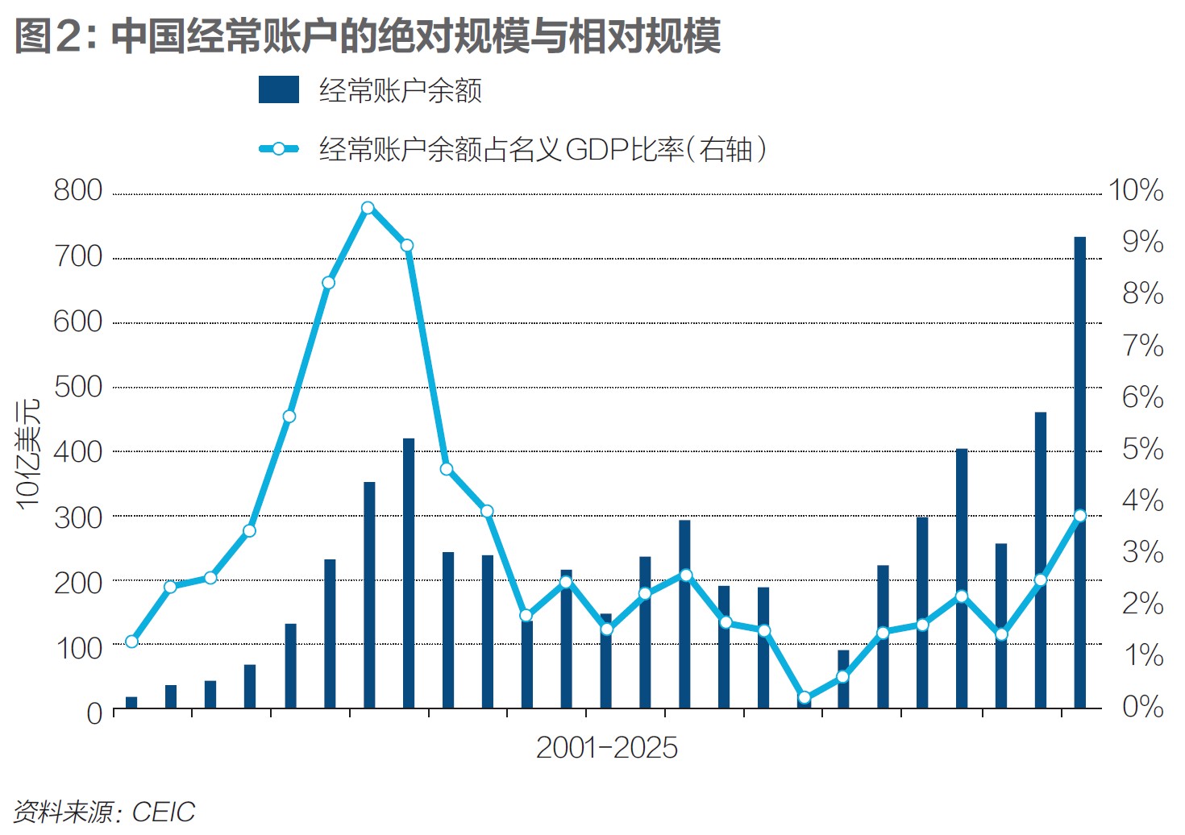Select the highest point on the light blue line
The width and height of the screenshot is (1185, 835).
(x=368, y=208)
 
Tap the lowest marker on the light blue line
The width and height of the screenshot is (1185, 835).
(x=804, y=698)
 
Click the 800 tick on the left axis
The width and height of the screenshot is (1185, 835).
(x=78, y=191)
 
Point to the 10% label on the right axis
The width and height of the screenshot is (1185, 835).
(x=1136, y=191)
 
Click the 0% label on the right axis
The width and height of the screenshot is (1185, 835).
(x=1142, y=707)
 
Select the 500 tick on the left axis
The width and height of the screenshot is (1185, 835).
(x=78, y=387)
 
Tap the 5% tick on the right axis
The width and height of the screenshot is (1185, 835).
(x=1142, y=449)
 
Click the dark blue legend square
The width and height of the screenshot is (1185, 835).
(x=278, y=90)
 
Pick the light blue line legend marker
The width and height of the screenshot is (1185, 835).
(x=278, y=149)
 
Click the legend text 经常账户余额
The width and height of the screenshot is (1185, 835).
(x=400, y=90)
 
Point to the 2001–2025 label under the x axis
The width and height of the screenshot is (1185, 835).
(x=606, y=748)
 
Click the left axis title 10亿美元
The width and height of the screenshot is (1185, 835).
(x=28, y=453)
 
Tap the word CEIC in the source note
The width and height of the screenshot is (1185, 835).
(x=164, y=812)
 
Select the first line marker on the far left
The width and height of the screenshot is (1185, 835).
(x=131, y=642)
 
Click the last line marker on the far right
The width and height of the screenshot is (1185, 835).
(x=1080, y=516)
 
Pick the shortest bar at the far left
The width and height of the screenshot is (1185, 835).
(x=131, y=702)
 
